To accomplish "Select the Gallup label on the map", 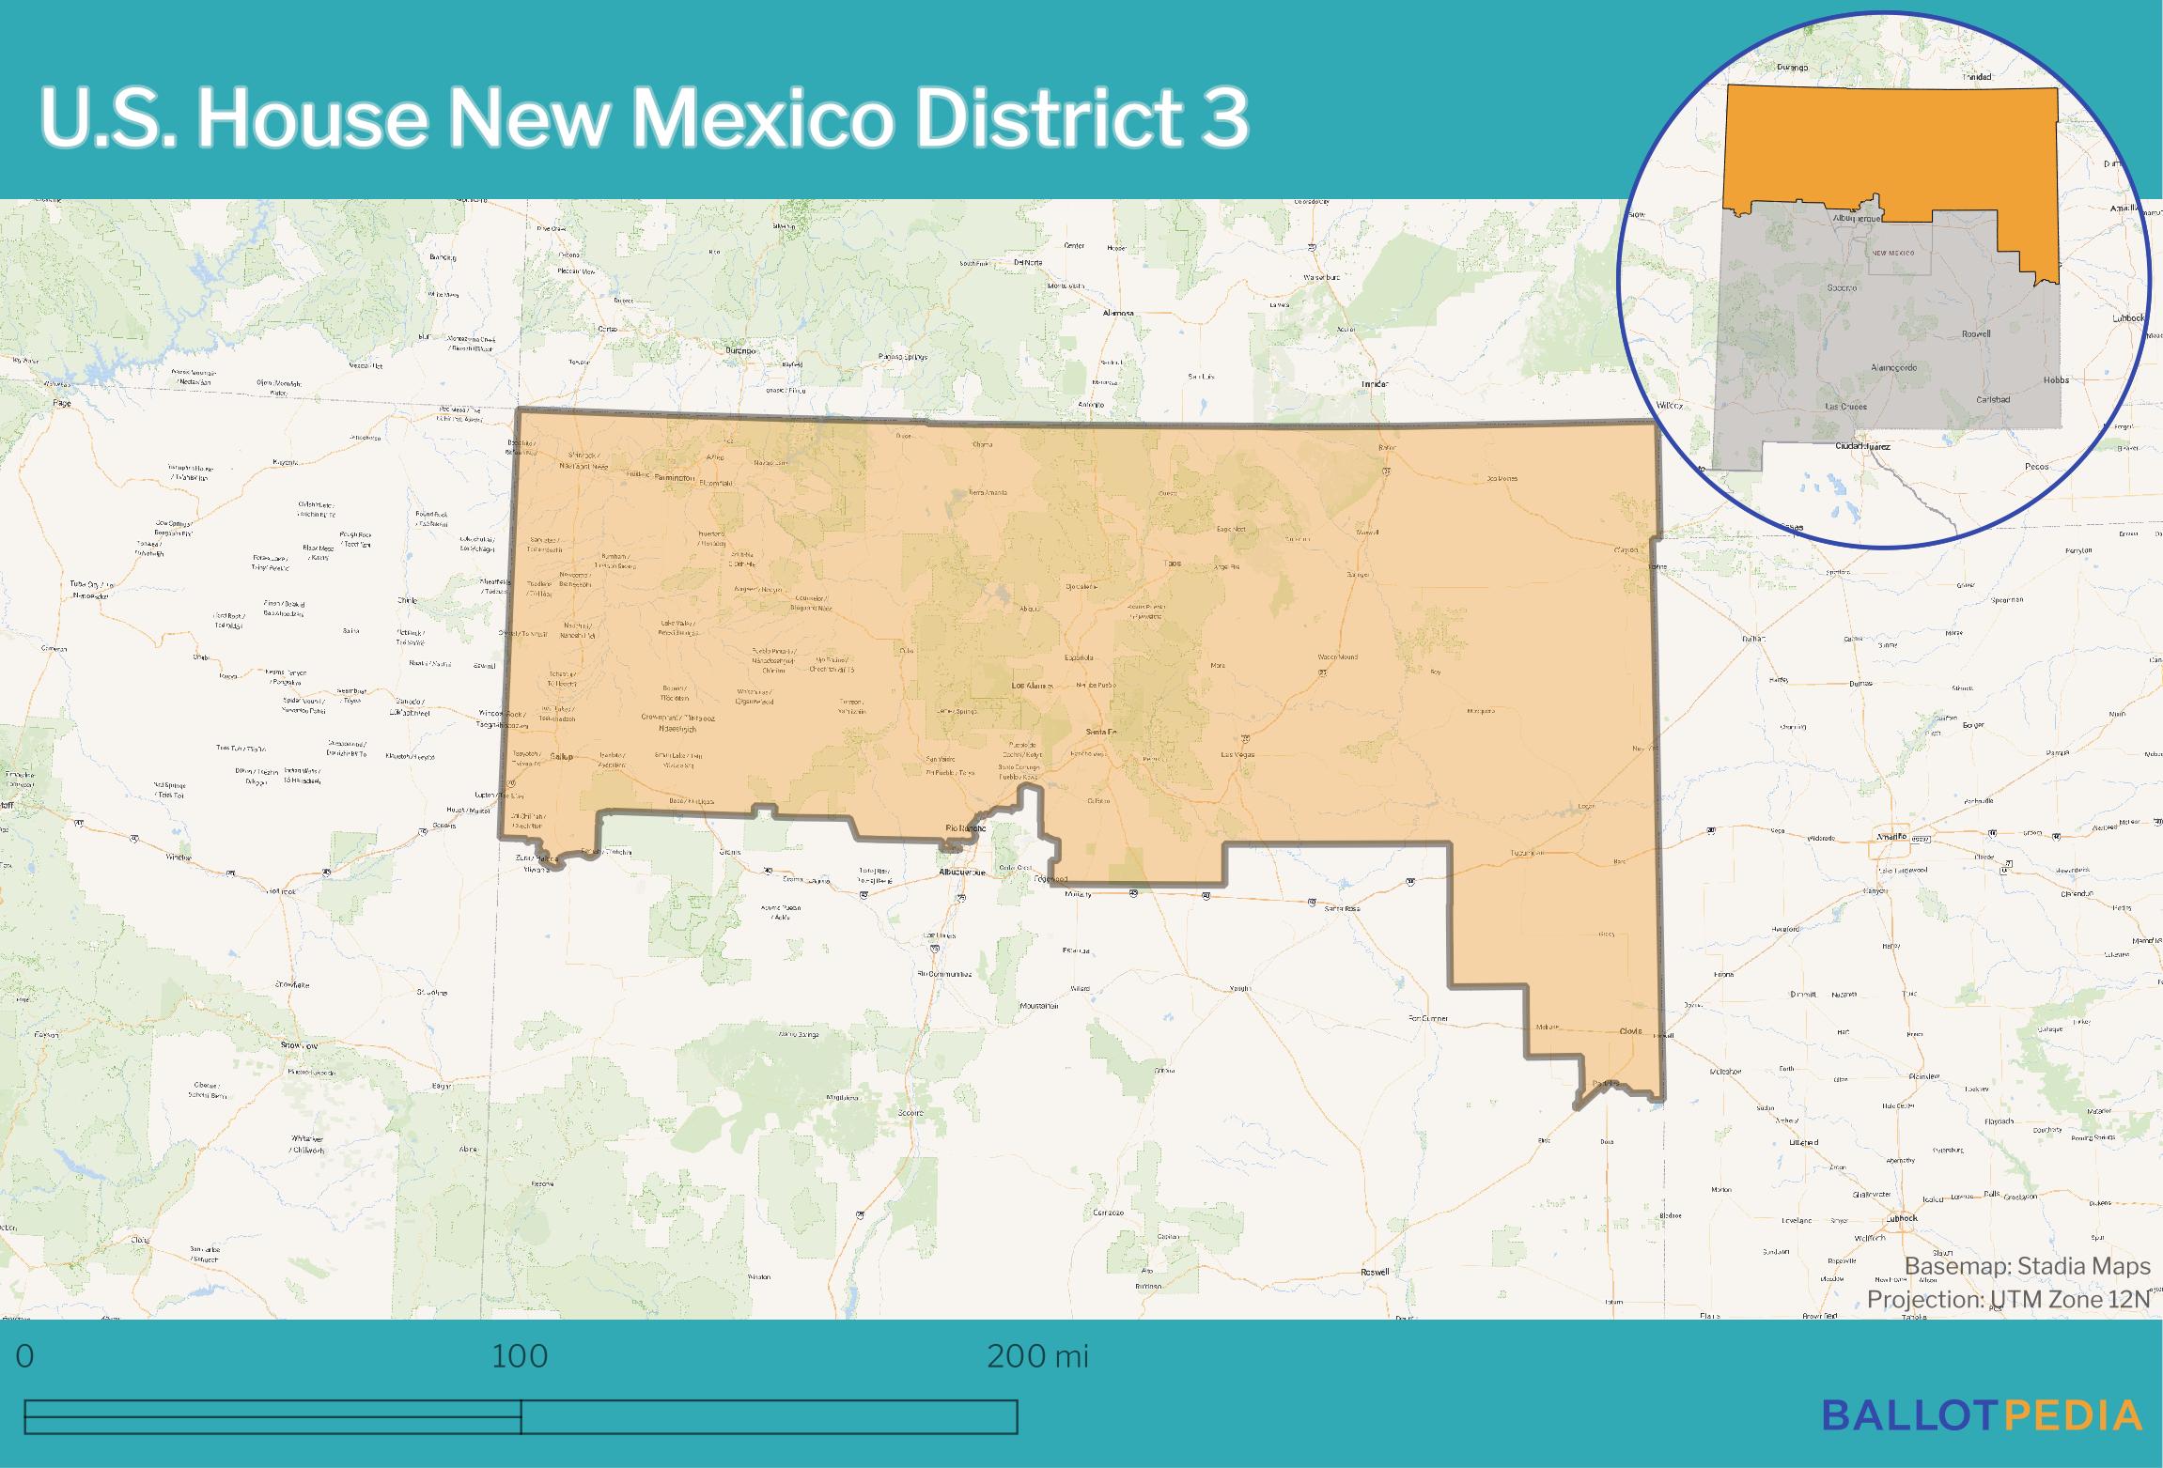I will point(561,756).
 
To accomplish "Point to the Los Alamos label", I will point(1032,686).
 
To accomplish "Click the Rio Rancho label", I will point(965,827).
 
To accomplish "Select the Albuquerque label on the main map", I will point(963,873).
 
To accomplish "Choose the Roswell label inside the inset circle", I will point(1976,333).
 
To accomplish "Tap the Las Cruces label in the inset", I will point(1845,407).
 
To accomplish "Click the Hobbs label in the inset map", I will point(2057,380).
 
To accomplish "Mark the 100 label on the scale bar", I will point(520,1356).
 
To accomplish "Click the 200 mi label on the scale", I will point(1036,1356).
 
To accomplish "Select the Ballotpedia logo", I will point(1982,1414).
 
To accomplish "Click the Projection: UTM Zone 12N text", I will point(2008,1299).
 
